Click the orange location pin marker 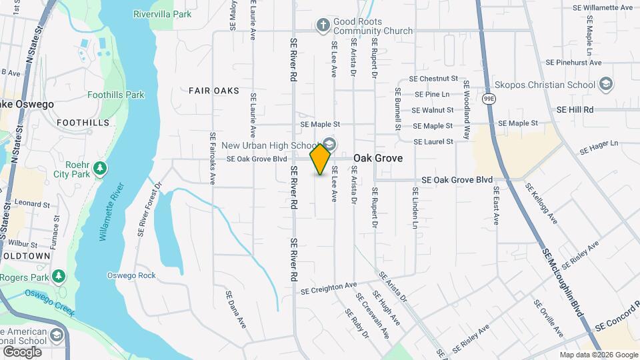click(321, 159)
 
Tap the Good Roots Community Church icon click(323, 26)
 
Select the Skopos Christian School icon click(606, 85)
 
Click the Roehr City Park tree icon click(100, 167)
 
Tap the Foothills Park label click(115, 95)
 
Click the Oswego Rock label click(131, 275)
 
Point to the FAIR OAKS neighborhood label click(213, 90)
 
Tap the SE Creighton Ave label click(329, 288)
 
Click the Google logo click(22, 351)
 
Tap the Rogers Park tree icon click(59, 276)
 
